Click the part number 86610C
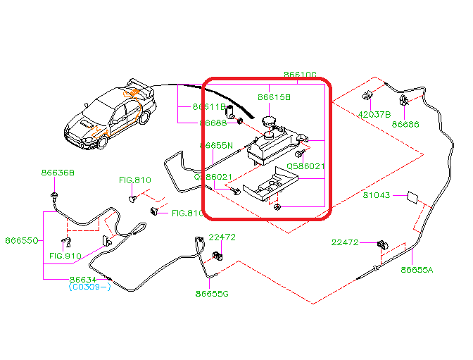click(x=301, y=74)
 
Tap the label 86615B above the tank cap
click(x=274, y=97)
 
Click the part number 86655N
click(x=215, y=146)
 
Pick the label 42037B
click(x=374, y=113)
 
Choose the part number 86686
click(x=405, y=124)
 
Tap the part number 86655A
click(x=417, y=269)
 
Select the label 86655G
click(x=213, y=293)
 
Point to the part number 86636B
click(x=57, y=172)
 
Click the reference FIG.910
click(x=65, y=256)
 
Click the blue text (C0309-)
click(x=90, y=287)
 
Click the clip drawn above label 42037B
click(x=367, y=96)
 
